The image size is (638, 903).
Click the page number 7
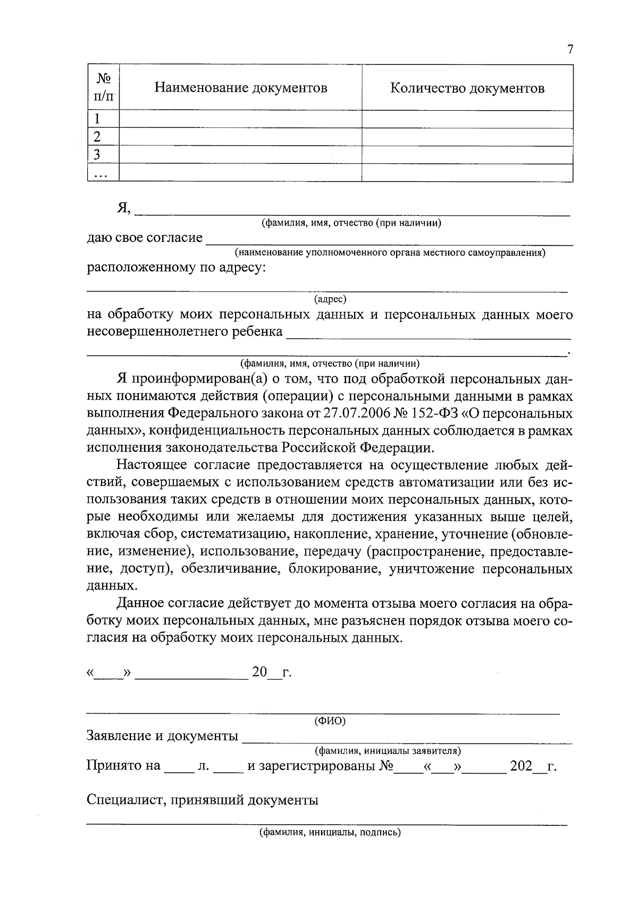click(570, 50)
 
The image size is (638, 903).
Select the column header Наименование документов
click(241, 88)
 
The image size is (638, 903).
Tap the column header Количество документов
click(467, 88)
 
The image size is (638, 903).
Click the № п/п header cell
click(104, 88)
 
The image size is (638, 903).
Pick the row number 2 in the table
click(97, 137)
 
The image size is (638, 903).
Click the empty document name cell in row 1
click(240, 119)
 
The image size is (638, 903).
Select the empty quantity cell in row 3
click(467, 155)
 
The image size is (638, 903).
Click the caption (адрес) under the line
click(330, 299)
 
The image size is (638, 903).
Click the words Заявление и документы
click(162, 736)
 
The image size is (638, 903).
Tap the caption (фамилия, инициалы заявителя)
click(388, 751)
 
